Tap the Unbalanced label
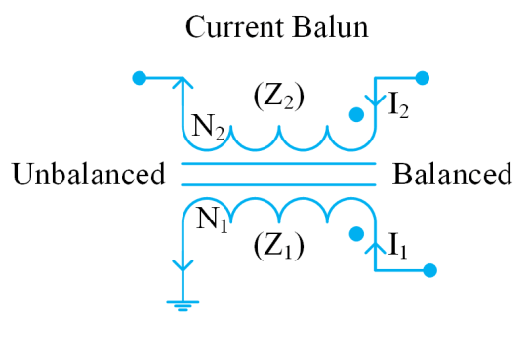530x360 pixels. pyautogui.click(x=88, y=175)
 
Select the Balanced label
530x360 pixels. pyautogui.click(x=452, y=175)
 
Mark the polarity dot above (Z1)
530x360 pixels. pyautogui.click(x=356, y=234)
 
